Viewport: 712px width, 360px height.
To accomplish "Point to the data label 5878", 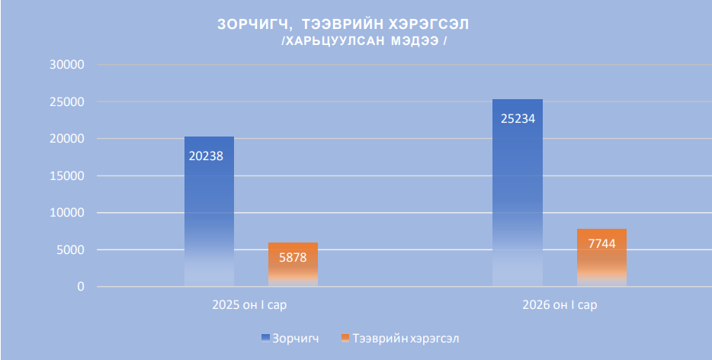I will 293,257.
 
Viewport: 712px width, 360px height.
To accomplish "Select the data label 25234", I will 518,118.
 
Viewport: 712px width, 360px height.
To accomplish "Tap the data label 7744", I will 601,243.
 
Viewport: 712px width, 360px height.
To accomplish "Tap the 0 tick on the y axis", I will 79,287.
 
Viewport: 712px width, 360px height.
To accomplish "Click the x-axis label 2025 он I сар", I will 251,305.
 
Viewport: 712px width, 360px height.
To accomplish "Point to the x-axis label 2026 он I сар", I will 560,305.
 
